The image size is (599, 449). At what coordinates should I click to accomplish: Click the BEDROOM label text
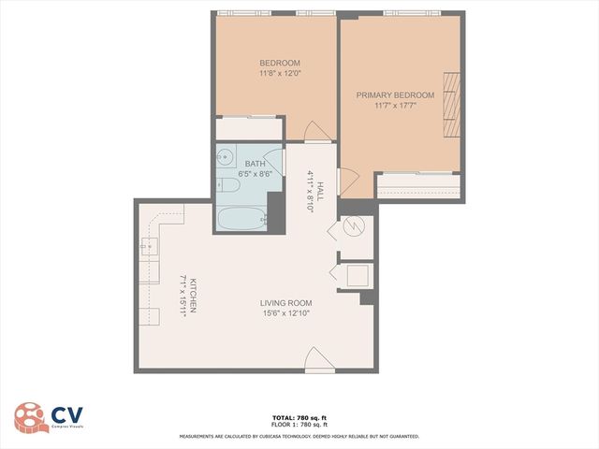tap(280, 63)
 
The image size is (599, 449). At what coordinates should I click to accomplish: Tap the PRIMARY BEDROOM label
tap(395, 95)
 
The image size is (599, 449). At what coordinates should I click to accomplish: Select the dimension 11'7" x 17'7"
tap(395, 106)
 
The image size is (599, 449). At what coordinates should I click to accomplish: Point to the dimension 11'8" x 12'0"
tap(280, 73)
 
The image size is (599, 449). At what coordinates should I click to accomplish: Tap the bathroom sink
tap(225, 157)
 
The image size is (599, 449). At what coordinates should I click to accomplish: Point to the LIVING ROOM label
tap(286, 303)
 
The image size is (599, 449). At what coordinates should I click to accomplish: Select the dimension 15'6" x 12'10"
tap(286, 313)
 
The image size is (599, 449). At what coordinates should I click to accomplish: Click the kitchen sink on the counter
tap(149, 248)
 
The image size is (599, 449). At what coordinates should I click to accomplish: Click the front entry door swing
tap(319, 359)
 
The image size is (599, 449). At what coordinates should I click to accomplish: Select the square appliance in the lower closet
tap(358, 275)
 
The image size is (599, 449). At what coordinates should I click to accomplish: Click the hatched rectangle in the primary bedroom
tap(452, 104)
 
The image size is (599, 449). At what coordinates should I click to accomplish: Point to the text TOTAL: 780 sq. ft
tap(299, 417)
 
